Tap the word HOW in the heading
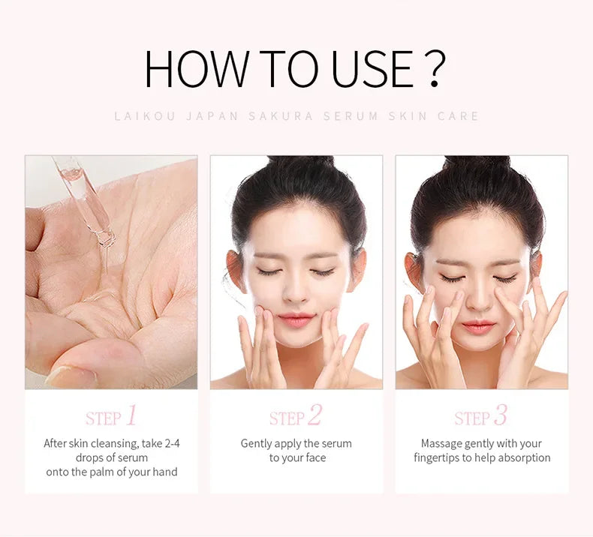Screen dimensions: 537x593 (196, 69)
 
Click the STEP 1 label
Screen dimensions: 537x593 (111, 416)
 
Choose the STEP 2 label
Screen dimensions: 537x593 (296, 416)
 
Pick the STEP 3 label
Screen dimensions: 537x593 (480, 416)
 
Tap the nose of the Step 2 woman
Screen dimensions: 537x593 (296, 293)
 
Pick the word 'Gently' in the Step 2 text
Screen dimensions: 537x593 (257, 443)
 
